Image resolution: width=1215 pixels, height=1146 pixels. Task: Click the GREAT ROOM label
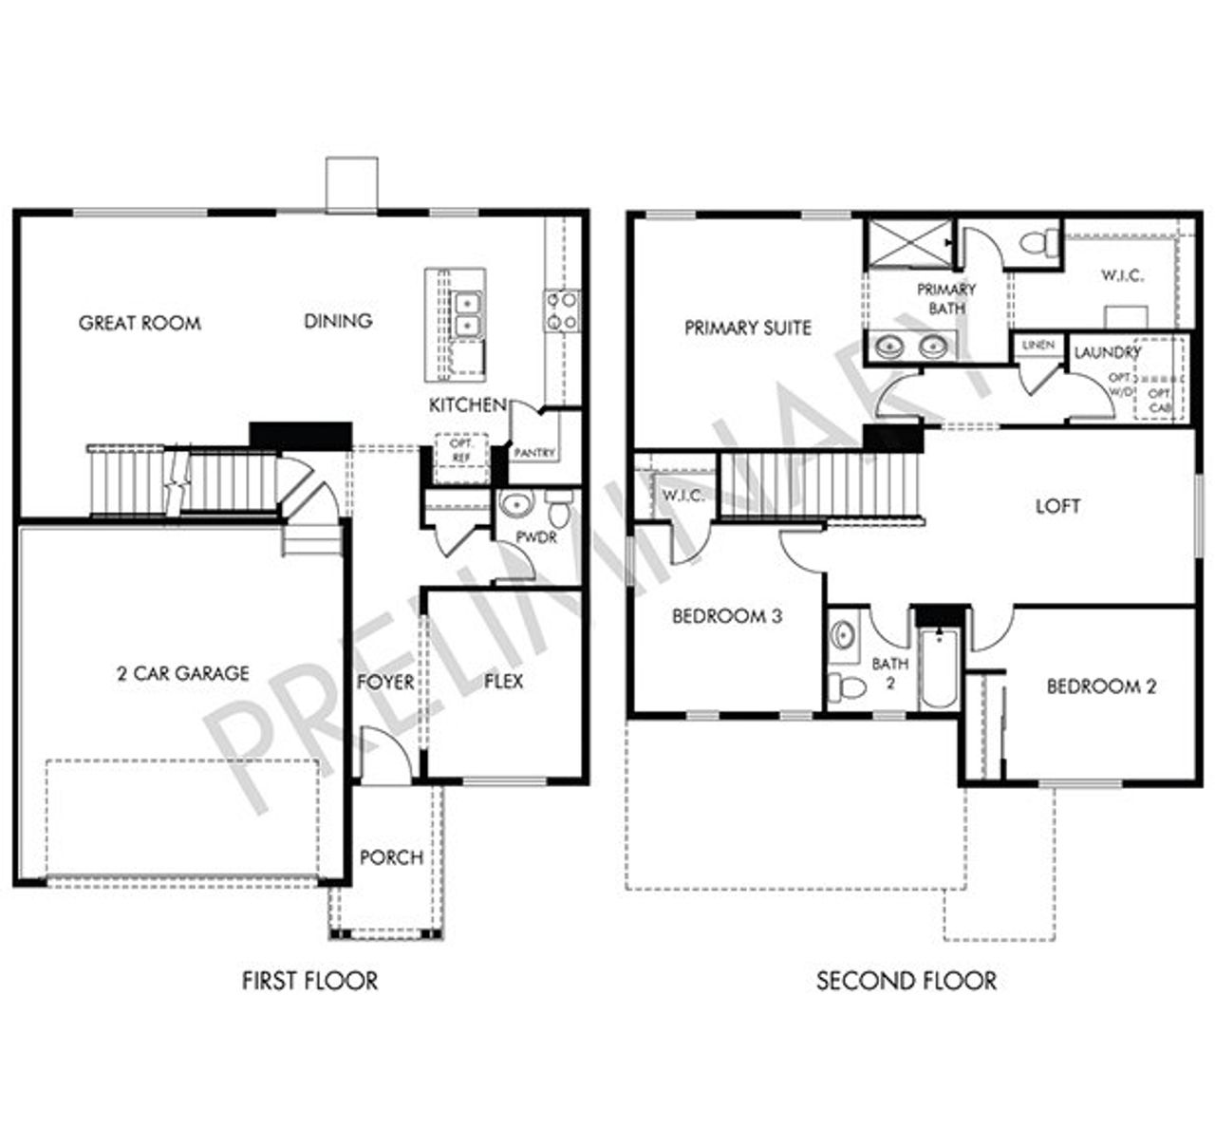click(140, 323)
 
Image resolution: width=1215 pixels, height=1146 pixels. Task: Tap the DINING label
click(338, 321)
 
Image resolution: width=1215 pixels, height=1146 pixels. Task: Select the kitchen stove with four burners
click(561, 310)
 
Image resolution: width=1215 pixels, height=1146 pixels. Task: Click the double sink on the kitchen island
click(467, 314)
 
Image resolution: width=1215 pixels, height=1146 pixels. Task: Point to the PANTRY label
click(533, 454)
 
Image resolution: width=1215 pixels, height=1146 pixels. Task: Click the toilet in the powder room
click(559, 510)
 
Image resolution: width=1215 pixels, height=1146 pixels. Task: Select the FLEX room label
click(503, 681)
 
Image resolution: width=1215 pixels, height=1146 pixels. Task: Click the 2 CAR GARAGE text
click(182, 673)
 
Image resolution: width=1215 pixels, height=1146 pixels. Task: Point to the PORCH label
click(391, 857)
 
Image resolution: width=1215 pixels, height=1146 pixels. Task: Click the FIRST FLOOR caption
click(309, 980)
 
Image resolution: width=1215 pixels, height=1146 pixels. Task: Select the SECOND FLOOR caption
click(907, 980)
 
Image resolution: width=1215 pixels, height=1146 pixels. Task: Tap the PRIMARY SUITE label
click(747, 328)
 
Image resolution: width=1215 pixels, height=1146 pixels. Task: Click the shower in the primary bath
click(909, 242)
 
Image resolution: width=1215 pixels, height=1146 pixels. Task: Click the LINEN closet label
click(1038, 345)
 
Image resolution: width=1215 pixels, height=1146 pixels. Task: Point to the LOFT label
click(1057, 506)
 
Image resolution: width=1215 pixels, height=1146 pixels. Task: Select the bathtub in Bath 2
click(938, 668)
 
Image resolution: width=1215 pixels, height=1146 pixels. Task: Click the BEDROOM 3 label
click(726, 616)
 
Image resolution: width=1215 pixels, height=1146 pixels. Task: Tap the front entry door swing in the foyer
click(386, 755)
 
